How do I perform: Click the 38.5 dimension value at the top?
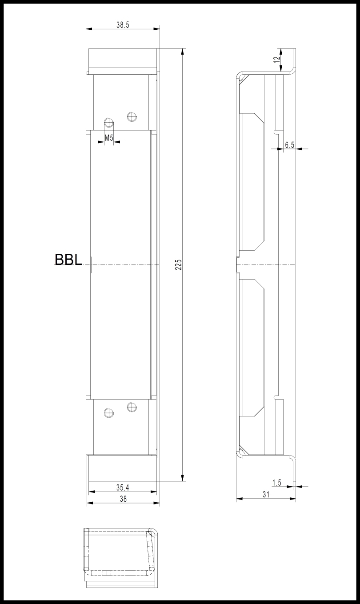[x=123, y=25]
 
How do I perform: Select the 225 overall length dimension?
[x=179, y=264]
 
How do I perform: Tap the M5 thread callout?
[x=109, y=138]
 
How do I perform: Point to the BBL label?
[x=68, y=260]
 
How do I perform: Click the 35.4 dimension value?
[x=123, y=488]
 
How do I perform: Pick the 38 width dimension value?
[x=123, y=499]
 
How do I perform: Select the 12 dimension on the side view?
[x=277, y=60]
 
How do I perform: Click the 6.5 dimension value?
[x=290, y=145]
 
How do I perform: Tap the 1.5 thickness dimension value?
[x=277, y=483]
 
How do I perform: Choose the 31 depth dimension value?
[x=266, y=494]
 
